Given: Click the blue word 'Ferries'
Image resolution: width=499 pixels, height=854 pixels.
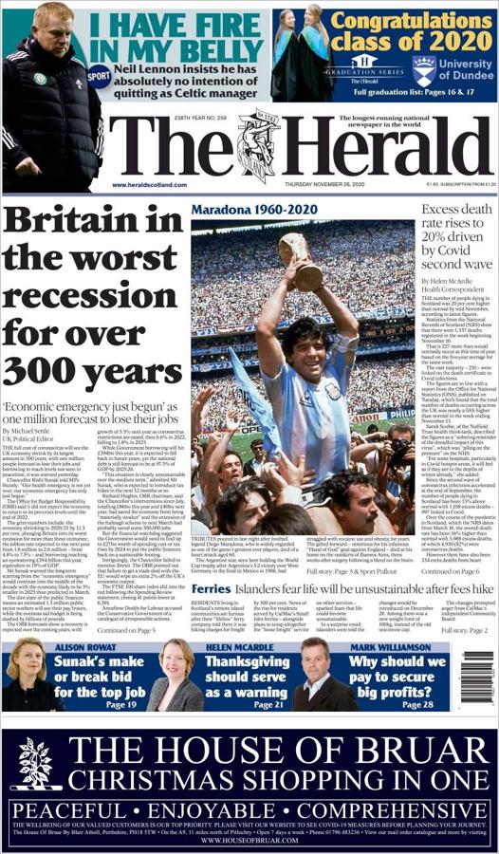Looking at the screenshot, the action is (212, 589).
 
